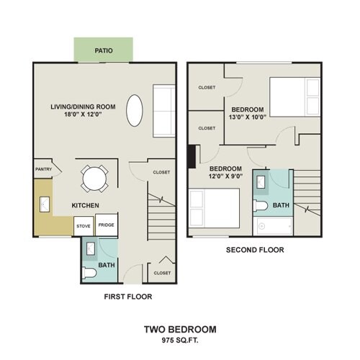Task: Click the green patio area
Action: click(x=104, y=51)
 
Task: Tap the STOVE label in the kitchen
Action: click(x=84, y=226)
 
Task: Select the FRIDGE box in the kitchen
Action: click(x=106, y=225)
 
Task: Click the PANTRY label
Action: click(x=42, y=170)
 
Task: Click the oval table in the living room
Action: click(x=135, y=112)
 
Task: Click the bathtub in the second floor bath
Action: click(x=274, y=228)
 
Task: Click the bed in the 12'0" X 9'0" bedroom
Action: click(x=214, y=209)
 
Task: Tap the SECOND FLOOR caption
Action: click(x=255, y=251)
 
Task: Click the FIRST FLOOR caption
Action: click(x=127, y=296)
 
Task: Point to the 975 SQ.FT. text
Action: click(x=180, y=340)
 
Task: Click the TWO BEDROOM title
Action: click(x=180, y=330)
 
